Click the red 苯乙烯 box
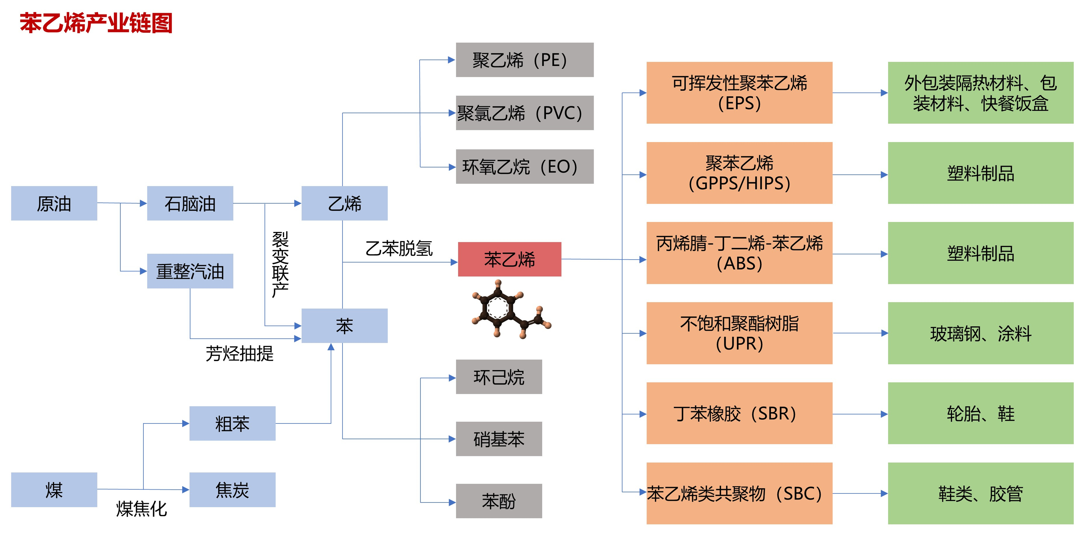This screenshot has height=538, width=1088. tap(509, 259)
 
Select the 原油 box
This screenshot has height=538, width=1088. tap(54, 203)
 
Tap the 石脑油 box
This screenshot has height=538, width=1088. tap(190, 203)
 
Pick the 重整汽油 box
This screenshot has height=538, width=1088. tap(190, 271)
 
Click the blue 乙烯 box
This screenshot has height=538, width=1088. tap(344, 203)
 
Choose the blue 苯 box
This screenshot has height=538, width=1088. tap(344, 325)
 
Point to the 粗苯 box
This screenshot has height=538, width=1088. tap(232, 423)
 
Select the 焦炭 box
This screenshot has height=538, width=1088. tap(232, 490)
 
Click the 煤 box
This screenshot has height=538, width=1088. tap(54, 490)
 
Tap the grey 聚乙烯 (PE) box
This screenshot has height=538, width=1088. tap(525, 60)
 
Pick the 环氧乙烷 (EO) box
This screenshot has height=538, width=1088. tap(525, 167)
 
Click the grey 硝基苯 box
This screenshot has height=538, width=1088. tap(499, 439)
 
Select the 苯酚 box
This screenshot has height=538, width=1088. tap(499, 501)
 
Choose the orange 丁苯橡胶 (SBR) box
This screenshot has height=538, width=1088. tap(739, 413)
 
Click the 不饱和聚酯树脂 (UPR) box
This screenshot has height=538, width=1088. tap(739, 333)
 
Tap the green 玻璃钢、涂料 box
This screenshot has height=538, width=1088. tap(980, 333)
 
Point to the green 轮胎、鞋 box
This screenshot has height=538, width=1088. tap(980, 413)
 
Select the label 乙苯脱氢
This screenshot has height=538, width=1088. tap(399, 248)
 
